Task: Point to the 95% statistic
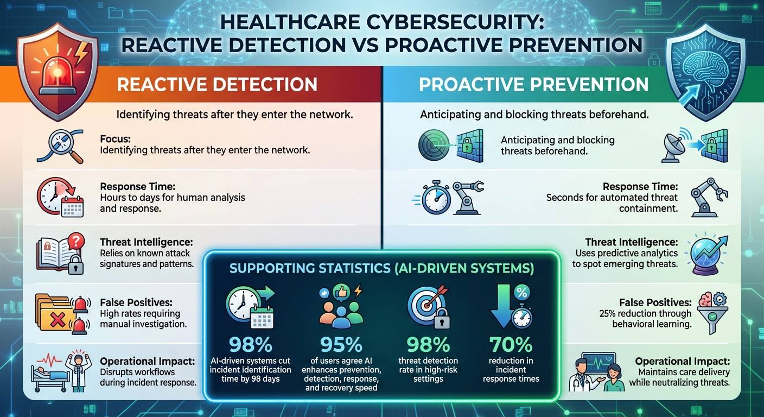point(341,345)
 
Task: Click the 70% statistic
point(511,345)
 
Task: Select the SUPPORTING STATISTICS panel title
point(381,268)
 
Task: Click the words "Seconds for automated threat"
point(612,198)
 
